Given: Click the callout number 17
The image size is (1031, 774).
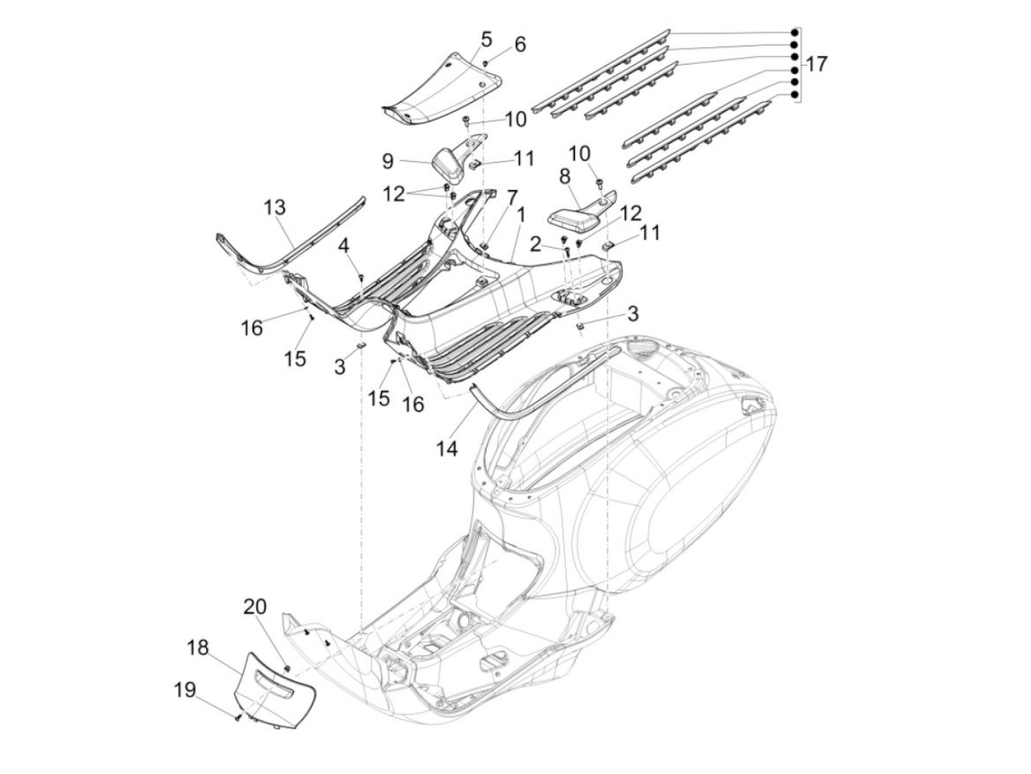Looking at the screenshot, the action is pyautogui.click(x=817, y=64).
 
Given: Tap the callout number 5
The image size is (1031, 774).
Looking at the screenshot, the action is pyautogui.click(x=485, y=40).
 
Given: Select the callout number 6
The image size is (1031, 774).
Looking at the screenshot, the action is pyautogui.click(x=519, y=45).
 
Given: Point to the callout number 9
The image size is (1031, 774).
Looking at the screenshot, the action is pyautogui.click(x=387, y=161).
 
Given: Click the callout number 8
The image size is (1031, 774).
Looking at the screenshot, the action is pyautogui.click(x=565, y=177).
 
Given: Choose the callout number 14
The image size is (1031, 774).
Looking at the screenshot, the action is pyautogui.click(x=446, y=449).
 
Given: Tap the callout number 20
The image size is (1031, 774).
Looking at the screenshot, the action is pyautogui.click(x=256, y=606).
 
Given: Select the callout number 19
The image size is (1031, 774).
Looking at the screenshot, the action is pyautogui.click(x=185, y=690).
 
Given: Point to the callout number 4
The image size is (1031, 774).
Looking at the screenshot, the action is pyautogui.click(x=345, y=245).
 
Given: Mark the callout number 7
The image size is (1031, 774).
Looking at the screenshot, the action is pyautogui.click(x=512, y=197).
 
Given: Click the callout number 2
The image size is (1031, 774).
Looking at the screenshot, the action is pyautogui.click(x=535, y=244).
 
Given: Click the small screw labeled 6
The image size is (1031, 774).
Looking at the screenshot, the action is pyautogui.click(x=485, y=63).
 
